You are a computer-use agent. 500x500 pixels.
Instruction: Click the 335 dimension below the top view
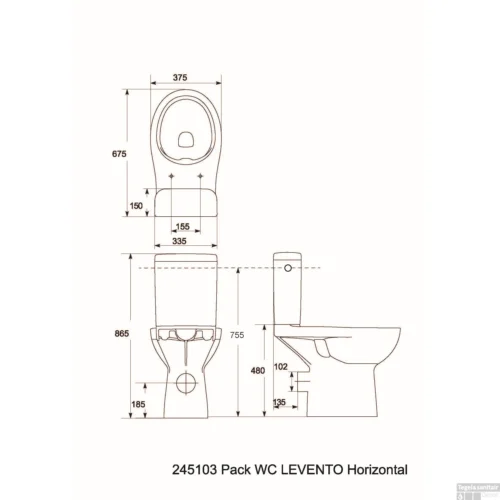(181, 241)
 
